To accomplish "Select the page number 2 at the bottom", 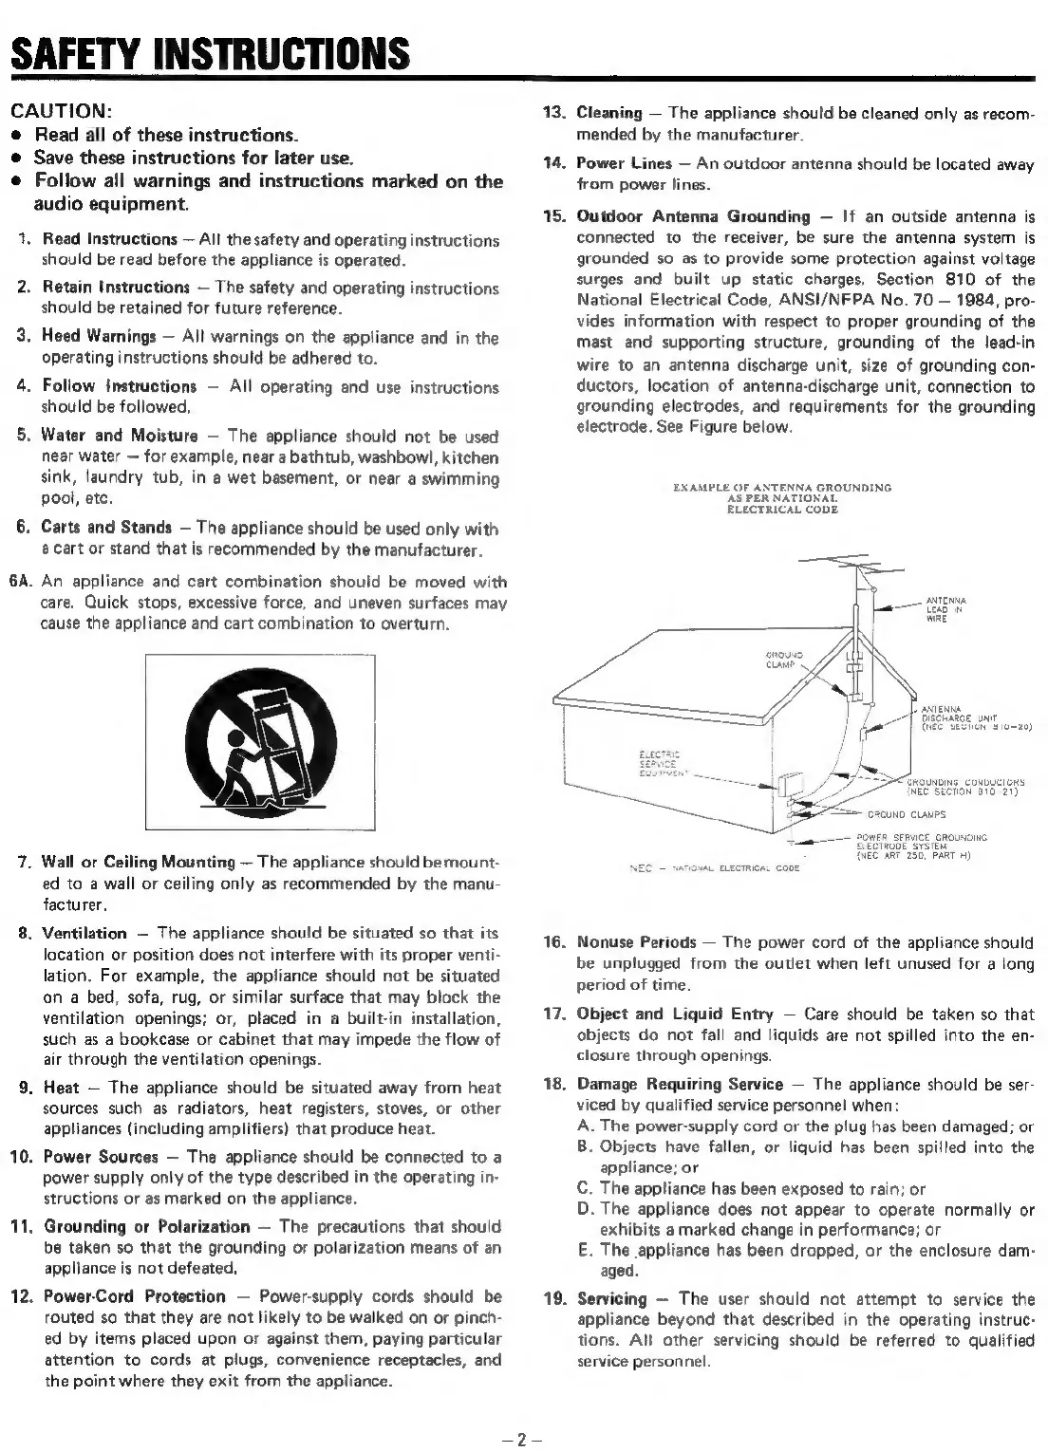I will [x=523, y=1437].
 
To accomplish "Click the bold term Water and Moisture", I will [x=120, y=436].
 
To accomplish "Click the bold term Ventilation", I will [x=84, y=933].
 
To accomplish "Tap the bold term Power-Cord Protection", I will [x=135, y=1296].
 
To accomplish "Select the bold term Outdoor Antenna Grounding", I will [x=693, y=216].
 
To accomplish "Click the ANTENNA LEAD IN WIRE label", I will [x=945, y=608].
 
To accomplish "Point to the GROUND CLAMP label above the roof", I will [x=784, y=659].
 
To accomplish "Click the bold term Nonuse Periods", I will [x=636, y=942].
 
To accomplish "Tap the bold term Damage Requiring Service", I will [x=680, y=1084].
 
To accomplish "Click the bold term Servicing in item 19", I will [x=611, y=1298].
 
